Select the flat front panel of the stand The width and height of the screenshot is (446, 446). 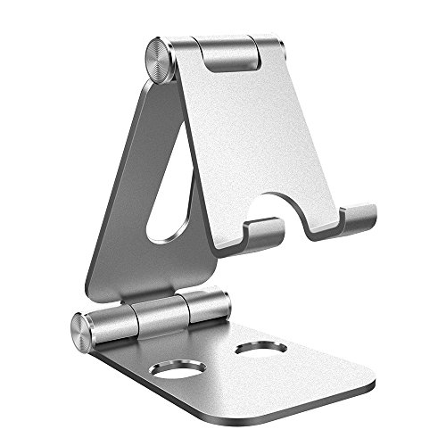tap(259, 143)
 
